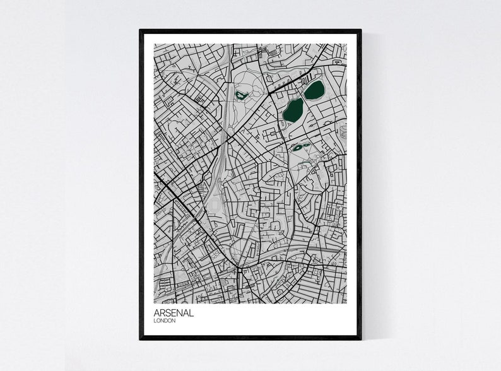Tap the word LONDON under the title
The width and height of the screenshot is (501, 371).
coord(165,321)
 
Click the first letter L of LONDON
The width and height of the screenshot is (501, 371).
coord(155,321)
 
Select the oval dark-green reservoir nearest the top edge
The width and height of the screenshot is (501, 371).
coord(314,90)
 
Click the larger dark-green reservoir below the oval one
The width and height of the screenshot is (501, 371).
coord(293,110)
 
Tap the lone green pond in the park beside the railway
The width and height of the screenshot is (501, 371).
coord(240,96)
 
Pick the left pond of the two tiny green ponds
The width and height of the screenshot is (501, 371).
coord(295,148)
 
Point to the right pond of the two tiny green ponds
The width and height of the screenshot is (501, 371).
coord(302,146)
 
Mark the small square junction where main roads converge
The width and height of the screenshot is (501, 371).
coord(239,270)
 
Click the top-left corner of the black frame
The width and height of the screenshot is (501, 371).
coord(141,30)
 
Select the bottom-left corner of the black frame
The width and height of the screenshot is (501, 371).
coord(141,338)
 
